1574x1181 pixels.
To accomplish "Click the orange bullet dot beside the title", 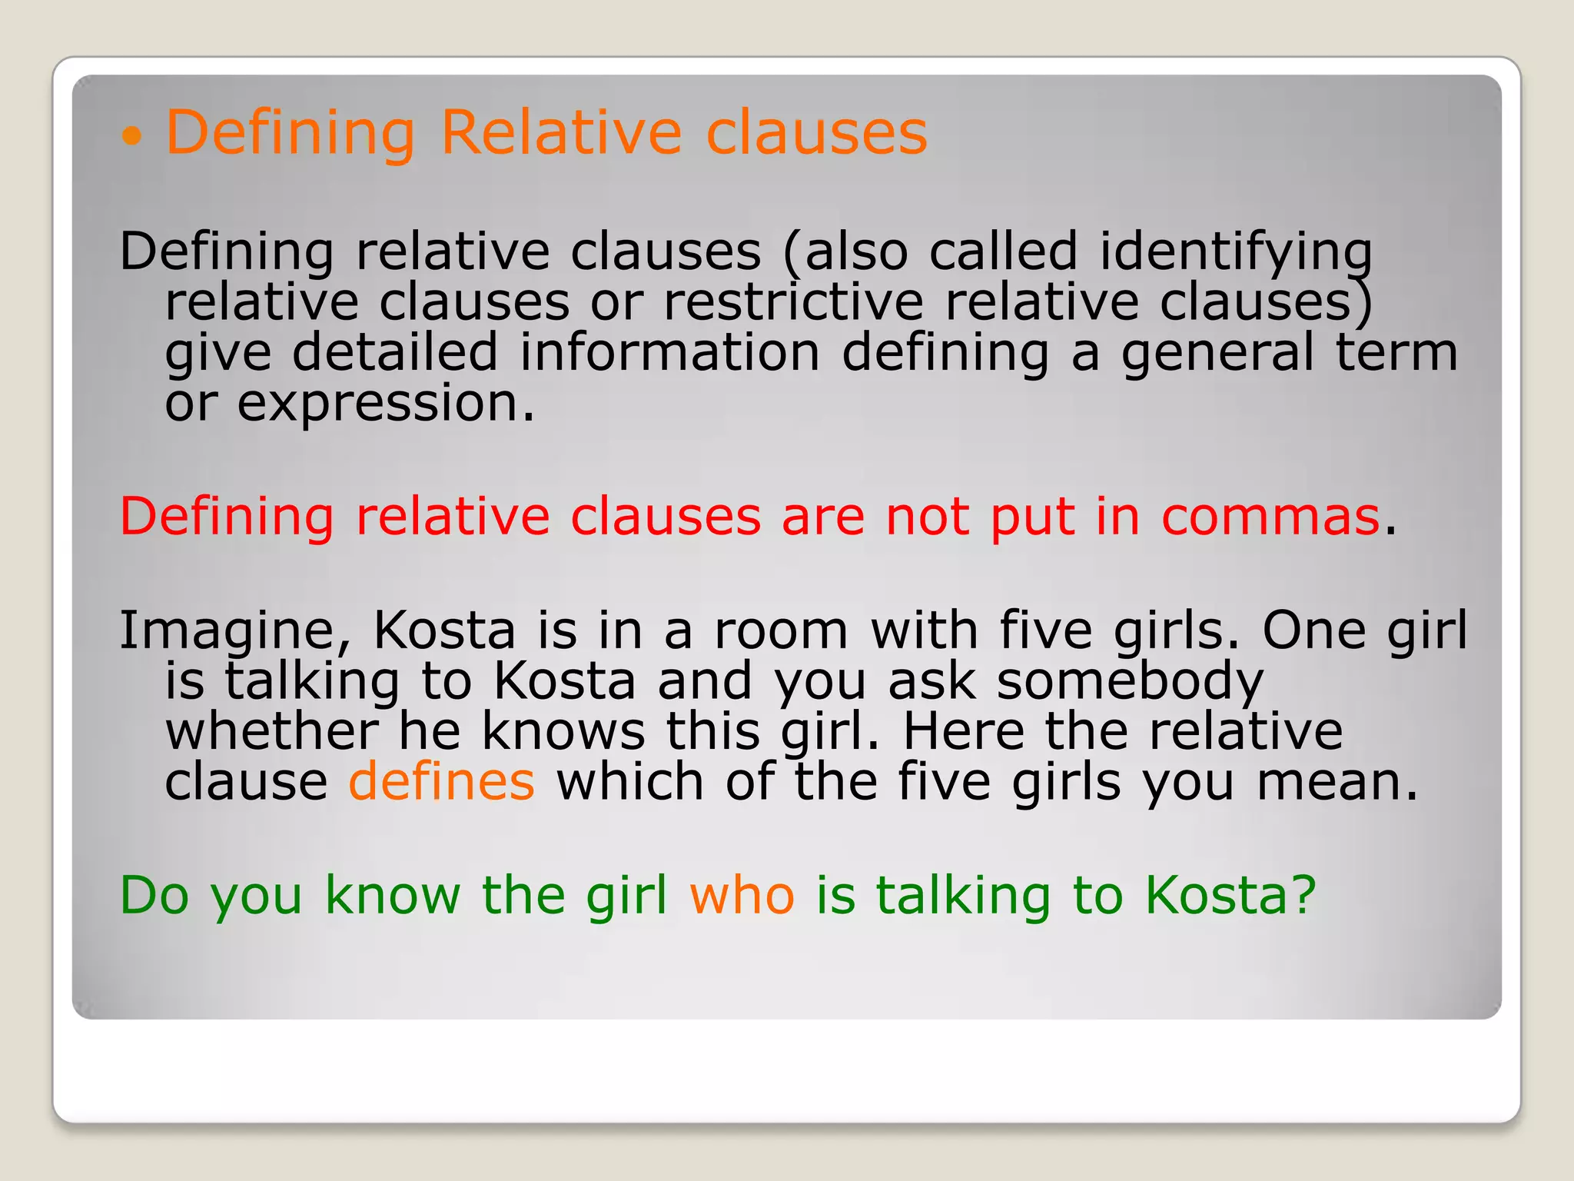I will pyautogui.click(x=132, y=137).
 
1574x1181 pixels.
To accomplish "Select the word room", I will pyautogui.click(x=781, y=630).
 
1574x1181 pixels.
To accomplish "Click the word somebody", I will pyautogui.click(x=1130, y=681).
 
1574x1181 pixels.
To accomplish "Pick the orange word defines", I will pyautogui.click(x=442, y=781).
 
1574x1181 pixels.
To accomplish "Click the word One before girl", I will pyautogui.click(x=1313, y=630).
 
